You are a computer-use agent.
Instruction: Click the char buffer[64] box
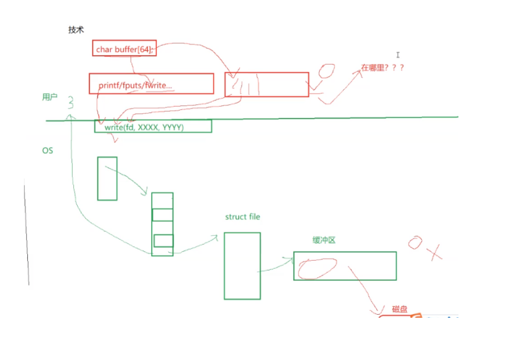pyautogui.click(x=124, y=48)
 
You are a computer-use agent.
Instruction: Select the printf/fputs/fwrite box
pyautogui.click(x=151, y=84)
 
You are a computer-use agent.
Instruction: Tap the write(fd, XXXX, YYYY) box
pyautogui.click(x=153, y=126)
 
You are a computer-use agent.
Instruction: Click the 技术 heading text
pyautogui.click(x=76, y=30)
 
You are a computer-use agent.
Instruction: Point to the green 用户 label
pyautogui.click(x=50, y=97)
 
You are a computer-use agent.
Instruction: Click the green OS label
pyautogui.click(x=47, y=151)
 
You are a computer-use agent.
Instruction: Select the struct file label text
pyautogui.click(x=242, y=217)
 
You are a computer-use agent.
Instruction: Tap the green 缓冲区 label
pyautogui.click(x=324, y=240)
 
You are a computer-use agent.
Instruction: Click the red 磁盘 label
pyautogui.click(x=399, y=309)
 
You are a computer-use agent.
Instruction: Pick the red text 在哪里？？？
pyautogui.click(x=383, y=68)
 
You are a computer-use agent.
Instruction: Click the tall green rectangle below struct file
pyautogui.click(x=242, y=266)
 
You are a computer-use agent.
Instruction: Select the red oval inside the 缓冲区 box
pyautogui.click(x=317, y=268)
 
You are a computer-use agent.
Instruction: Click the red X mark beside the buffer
pyautogui.click(x=436, y=251)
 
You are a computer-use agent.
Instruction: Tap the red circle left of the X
pyautogui.click(x=415, y=243)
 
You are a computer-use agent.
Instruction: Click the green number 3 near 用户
pyautogui.click(x=71, y=102)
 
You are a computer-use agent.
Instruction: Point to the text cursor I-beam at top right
pyautogui.click(x=398, y=55)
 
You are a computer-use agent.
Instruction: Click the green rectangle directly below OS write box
pyautogui.click(x=107, y=178)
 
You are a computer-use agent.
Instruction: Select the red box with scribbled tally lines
pyautogui.click(x=266, y=85)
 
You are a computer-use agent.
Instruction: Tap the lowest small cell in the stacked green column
pyautogui.click(x=163, y=240)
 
